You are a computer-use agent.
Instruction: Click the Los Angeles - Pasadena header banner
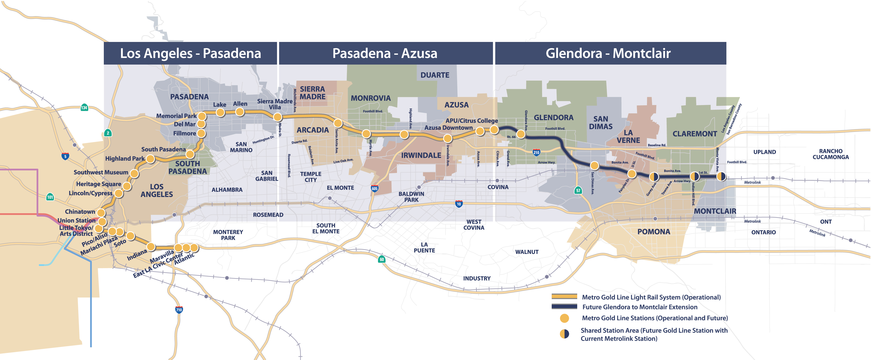coord(190,53)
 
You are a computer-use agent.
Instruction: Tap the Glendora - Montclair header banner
coord(610,53)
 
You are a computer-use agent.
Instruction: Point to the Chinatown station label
coord(80,212)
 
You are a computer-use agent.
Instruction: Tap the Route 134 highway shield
coord(84,108)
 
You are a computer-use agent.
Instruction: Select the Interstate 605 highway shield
coord(374,189)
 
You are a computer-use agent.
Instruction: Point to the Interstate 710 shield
coord(179,310)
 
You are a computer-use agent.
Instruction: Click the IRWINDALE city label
coord(421,156)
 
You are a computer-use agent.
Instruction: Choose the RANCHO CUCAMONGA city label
coord(831,154)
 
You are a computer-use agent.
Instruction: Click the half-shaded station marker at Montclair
coord(721,176)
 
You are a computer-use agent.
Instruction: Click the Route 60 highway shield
coord(382,259)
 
